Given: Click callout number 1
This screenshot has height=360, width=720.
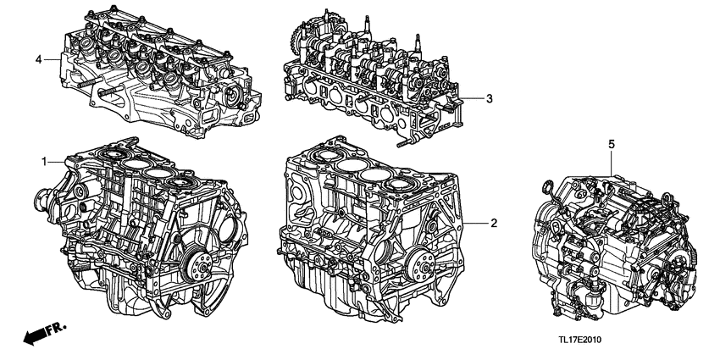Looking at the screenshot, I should coord(44,160).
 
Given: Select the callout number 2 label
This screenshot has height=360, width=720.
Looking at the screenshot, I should coord(492,223).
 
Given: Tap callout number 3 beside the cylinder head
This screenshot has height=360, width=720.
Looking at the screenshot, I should coord(489,99).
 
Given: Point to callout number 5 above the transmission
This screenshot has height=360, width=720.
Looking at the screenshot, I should coord(611,145).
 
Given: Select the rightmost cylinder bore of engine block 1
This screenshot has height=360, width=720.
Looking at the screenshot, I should coord(182,180).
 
